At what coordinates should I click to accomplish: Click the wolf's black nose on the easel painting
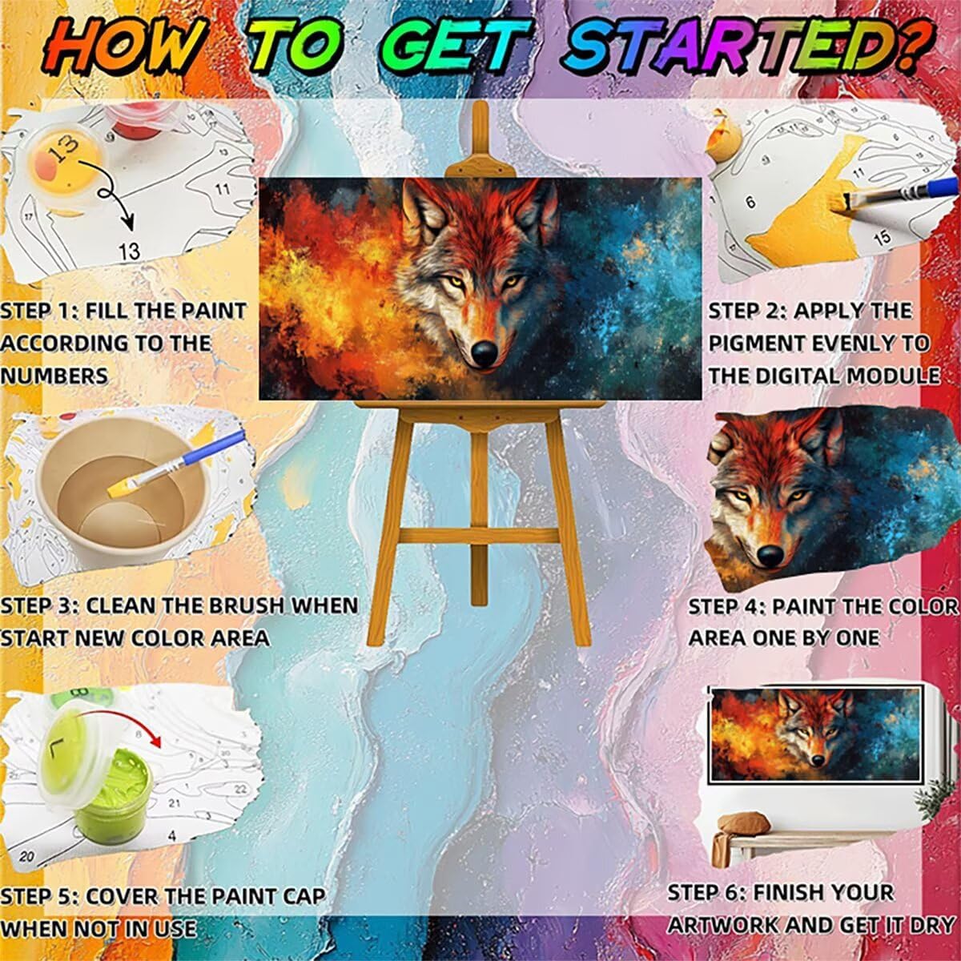(x=485, y=351)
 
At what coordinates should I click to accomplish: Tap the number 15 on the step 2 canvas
(x=882, y=237)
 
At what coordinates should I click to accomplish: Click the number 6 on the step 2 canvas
(x=750, y=203)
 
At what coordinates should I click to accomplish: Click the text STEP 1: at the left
(x=38, y=312)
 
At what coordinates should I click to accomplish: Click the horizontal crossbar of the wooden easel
(x=479, y=537)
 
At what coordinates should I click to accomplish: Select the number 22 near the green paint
(x=240, y=789)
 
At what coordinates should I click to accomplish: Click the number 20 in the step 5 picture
(x=26, y=857)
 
